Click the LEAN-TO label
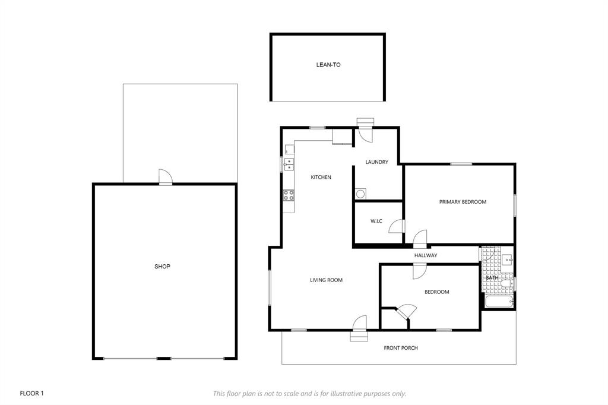328,65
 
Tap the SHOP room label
162,267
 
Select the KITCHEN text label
321,177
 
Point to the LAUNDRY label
377,162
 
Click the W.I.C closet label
376,222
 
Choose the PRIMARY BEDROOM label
463,202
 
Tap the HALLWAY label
426,255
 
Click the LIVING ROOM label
326,280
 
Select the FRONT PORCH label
401,347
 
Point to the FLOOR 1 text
32,393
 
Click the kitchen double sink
289,163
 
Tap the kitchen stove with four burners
289,194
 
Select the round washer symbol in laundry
360,193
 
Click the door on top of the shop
165,177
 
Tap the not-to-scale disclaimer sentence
309,393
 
